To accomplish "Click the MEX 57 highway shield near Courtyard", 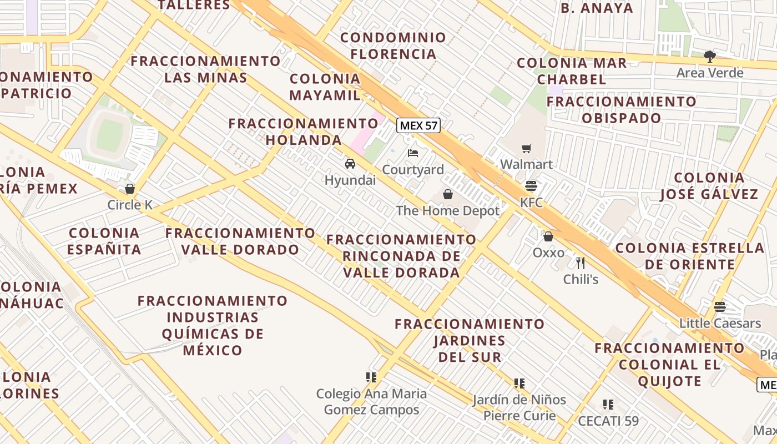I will pos(419,125).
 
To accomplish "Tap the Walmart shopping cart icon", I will pos(526,148).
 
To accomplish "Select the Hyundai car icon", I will pos(350,164).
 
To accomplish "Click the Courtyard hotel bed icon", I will pos(413,153).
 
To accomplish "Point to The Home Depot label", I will pos(447,211).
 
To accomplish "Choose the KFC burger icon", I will pos(531,185).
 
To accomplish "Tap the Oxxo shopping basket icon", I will pos(548,236).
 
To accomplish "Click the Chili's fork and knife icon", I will pos(581,263).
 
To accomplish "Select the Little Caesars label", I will pos(720,323).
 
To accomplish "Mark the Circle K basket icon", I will pos(130,189).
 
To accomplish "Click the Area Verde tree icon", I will pos(709,56).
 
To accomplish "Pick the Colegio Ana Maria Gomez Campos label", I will pos(371,402).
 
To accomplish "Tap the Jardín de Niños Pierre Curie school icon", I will pos(519,383).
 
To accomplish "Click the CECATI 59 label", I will pos(608,421).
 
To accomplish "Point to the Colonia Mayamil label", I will pos(325,87).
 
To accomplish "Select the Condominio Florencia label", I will pos(393,46).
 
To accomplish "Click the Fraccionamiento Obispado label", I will pos(621,110).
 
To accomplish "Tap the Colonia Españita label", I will pos(104,241).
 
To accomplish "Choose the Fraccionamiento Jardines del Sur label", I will pos(470,340).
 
